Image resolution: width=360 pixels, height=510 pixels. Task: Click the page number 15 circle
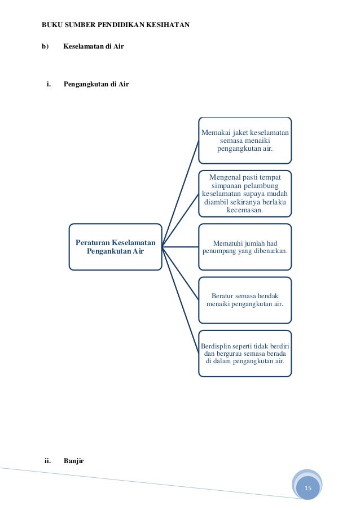point(308,487)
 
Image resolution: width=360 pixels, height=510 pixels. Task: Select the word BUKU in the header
point(52,25)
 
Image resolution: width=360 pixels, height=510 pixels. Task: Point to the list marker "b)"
point(45,46)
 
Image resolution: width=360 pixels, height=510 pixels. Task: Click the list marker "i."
point(49,85)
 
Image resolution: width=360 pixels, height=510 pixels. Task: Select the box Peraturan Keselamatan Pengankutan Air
point(115,246)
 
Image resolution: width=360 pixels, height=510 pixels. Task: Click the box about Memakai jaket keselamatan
point(245,140)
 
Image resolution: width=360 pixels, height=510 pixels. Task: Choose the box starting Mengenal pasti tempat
point(245,194)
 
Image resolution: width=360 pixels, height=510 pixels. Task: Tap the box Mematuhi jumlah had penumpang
point(245,247)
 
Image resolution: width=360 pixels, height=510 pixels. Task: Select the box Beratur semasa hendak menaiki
point(245,299)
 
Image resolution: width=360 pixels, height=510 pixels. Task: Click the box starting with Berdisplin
point(245,353)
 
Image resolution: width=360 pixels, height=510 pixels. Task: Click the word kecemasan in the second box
point(245,210)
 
